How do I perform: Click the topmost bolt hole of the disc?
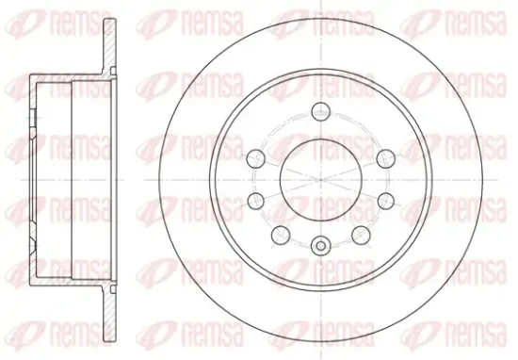[x=321, y=111]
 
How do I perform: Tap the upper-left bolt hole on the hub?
[x=256, y=158]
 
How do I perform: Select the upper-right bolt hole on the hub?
[x=386, y=158]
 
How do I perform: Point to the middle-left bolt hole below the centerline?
[x=256, y=201]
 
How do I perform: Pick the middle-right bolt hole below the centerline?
[x=386, y=201]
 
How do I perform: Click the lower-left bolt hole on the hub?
[x=281, y=235]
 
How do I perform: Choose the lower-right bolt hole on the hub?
[x=361, y=235]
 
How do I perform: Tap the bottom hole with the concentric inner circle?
[x=320, y=245]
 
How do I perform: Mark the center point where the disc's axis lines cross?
[x=321, y=180]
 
